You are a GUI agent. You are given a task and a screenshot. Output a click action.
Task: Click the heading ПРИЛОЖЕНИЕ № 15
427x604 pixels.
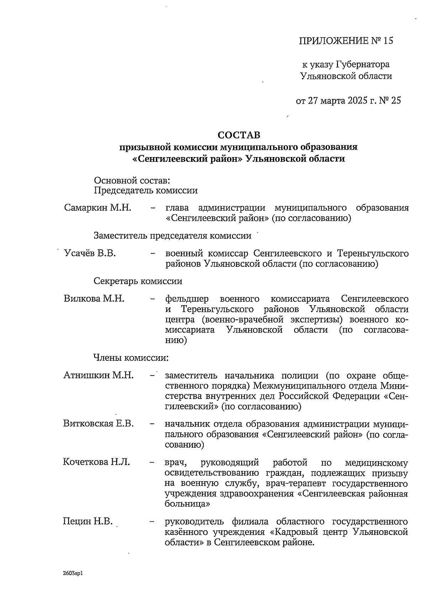(346, 41)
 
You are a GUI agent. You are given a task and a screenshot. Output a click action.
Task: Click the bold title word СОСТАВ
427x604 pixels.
(239, 135)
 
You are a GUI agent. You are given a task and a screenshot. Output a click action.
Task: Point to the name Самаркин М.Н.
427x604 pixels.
(98, 208)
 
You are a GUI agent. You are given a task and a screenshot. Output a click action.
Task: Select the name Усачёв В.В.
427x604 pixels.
(90, 254)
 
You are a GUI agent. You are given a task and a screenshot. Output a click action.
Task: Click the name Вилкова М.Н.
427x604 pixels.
(94, 298)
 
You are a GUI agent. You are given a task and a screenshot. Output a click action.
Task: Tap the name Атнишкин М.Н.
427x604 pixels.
(99, 375)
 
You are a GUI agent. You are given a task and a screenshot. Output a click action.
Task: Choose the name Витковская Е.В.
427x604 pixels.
(99, 423)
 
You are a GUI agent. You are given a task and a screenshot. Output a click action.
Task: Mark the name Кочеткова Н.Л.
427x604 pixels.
(96, 462)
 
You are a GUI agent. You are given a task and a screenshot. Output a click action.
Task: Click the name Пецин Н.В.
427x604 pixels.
(88, 522)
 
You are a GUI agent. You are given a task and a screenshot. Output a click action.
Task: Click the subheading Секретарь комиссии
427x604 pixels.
(138, 281)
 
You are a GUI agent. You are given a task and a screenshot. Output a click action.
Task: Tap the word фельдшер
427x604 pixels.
(187, 299)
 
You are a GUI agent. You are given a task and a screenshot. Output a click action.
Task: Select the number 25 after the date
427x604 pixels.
(396, 101)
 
